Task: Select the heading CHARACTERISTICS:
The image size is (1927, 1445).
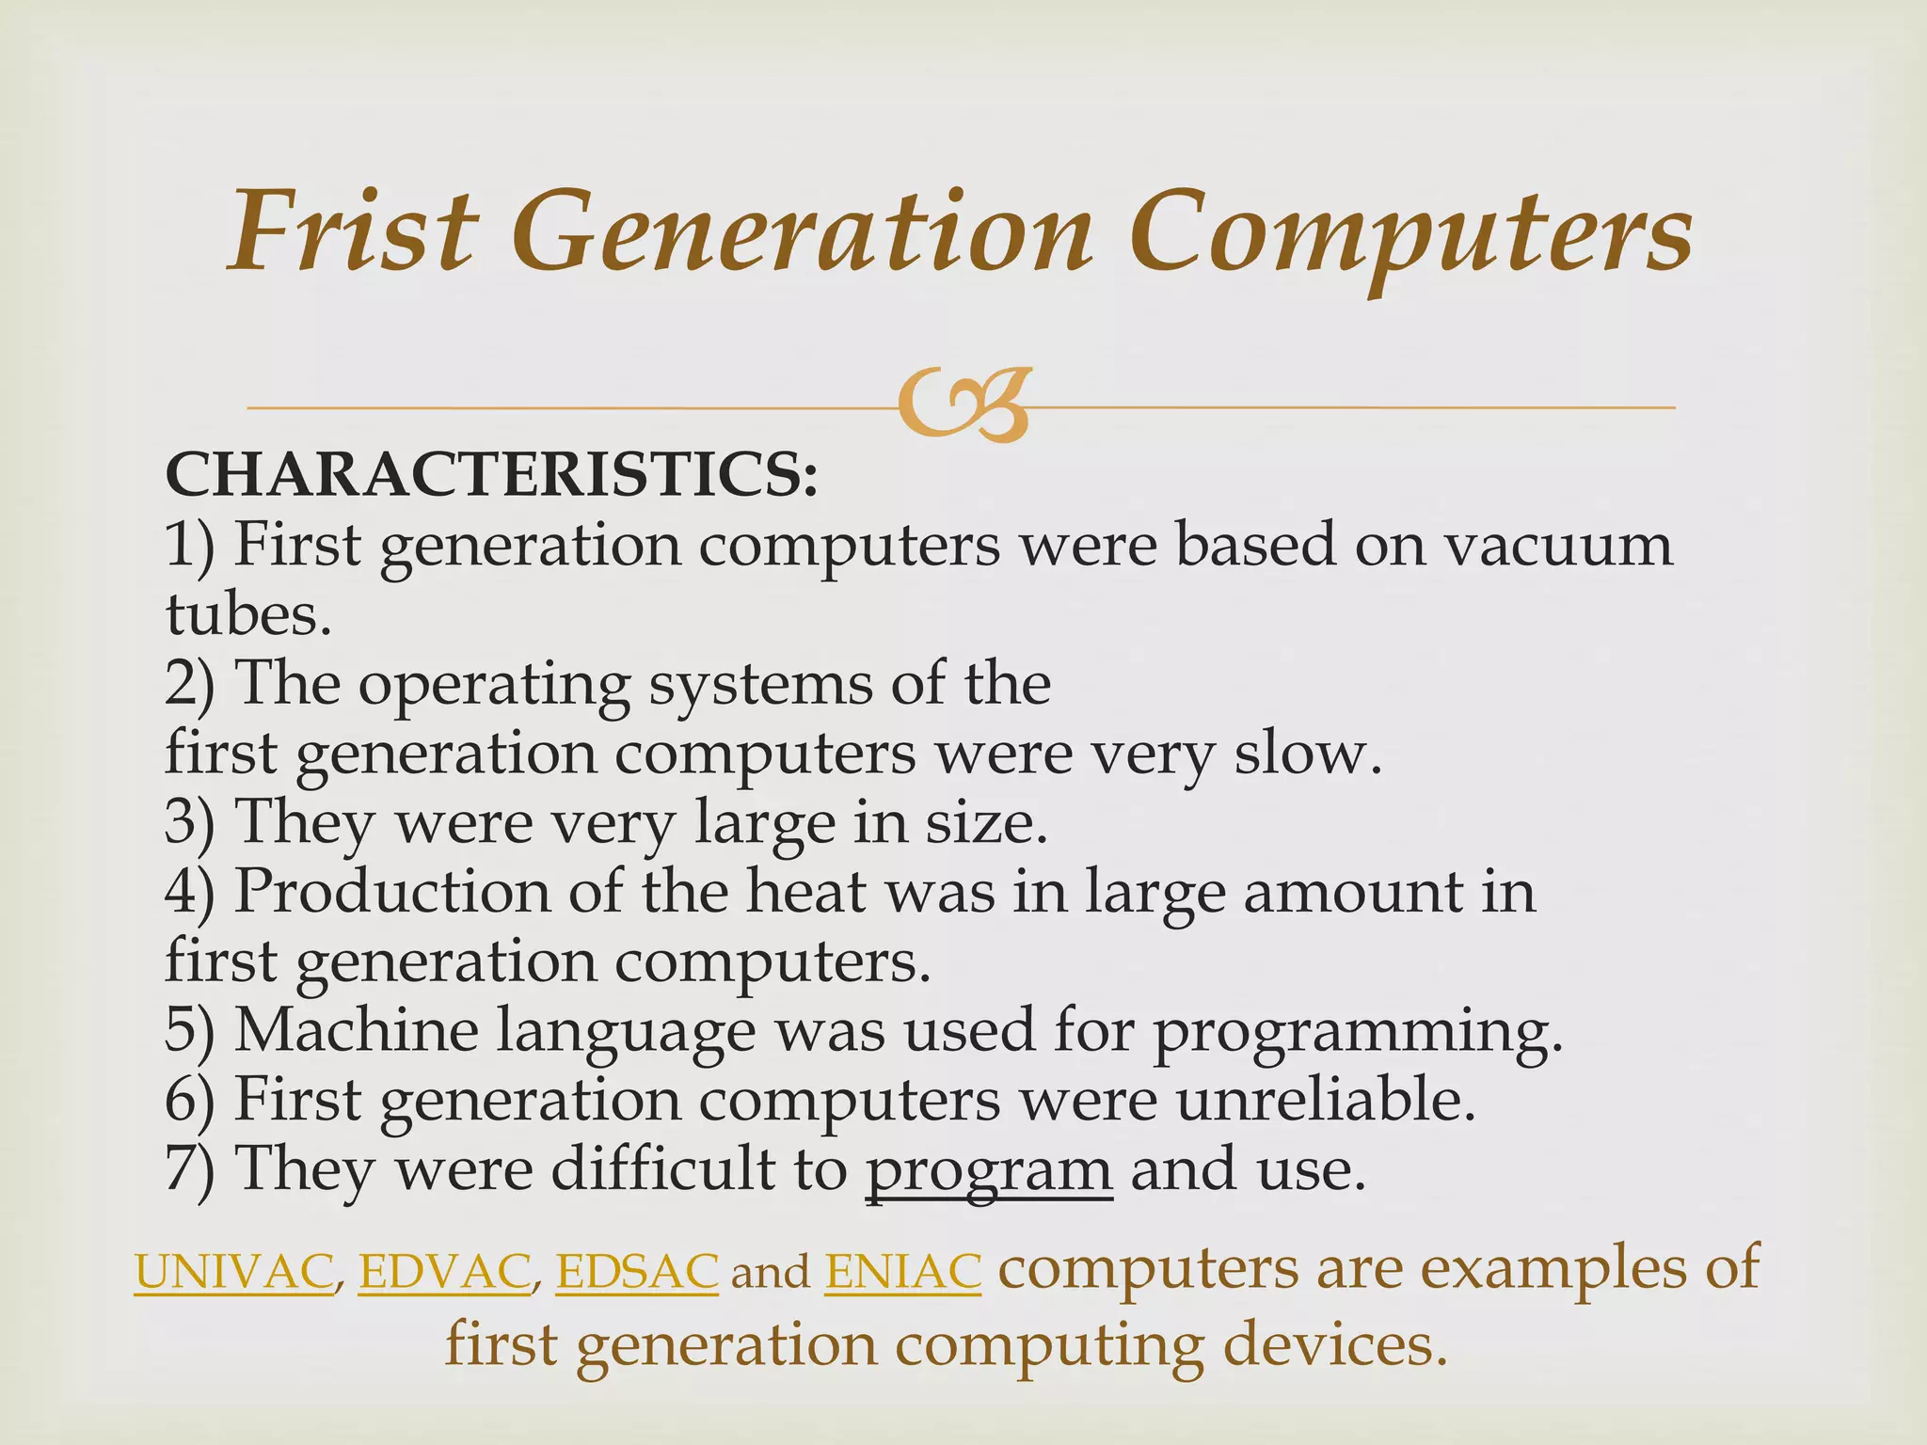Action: click(492, 475)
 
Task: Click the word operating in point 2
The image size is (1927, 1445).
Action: click(494, 685)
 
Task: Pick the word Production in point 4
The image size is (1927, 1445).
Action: click(391, 891)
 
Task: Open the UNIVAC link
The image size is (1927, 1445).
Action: click(233, 1272)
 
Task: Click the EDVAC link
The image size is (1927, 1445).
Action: click(444, 1272)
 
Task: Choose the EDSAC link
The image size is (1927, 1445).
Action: click(637, 1272)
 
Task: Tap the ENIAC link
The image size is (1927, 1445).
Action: click(902, 1272)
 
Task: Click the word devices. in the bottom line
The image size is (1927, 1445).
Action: click(1334, 1345)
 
